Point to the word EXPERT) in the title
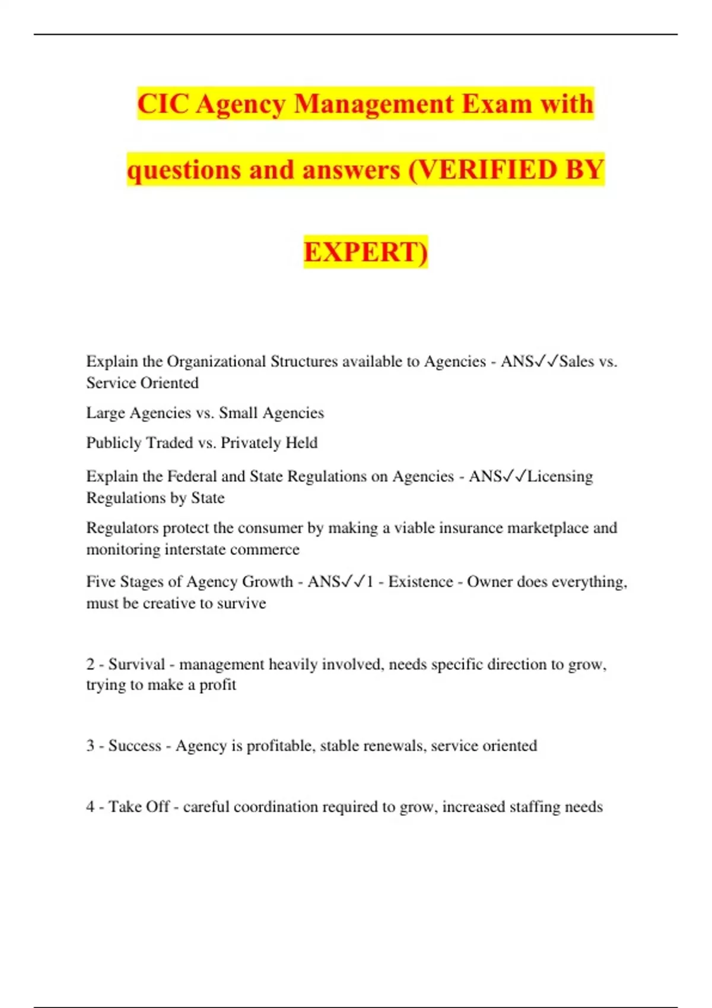(365, 252)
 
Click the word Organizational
(216, 362)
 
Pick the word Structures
(306, 362)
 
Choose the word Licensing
(560, 477)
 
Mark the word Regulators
(122, 528)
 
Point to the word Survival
(136, 664)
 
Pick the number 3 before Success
(90, 745)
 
